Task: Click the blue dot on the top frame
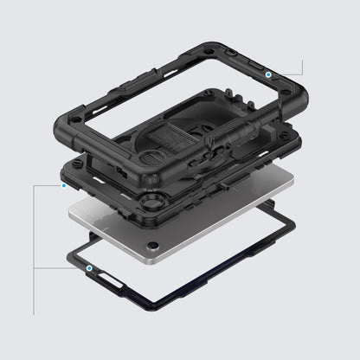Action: pyautogui.click(x=269, y=76)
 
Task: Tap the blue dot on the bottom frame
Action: pyautogui.click(x=90, y=268)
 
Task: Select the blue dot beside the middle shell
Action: pyautogui.click(x=63, y=184)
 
